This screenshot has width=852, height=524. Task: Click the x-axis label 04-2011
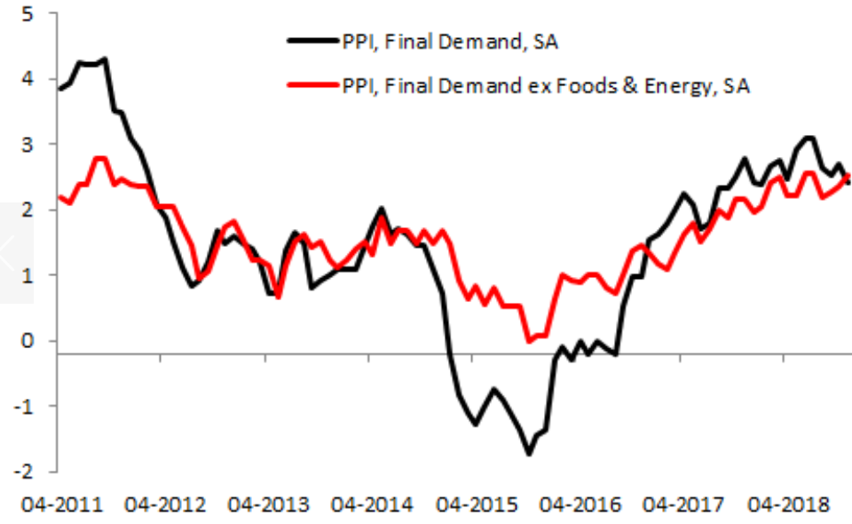67,505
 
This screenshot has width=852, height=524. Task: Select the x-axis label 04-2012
169,505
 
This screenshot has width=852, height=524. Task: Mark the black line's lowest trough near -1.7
530,454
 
